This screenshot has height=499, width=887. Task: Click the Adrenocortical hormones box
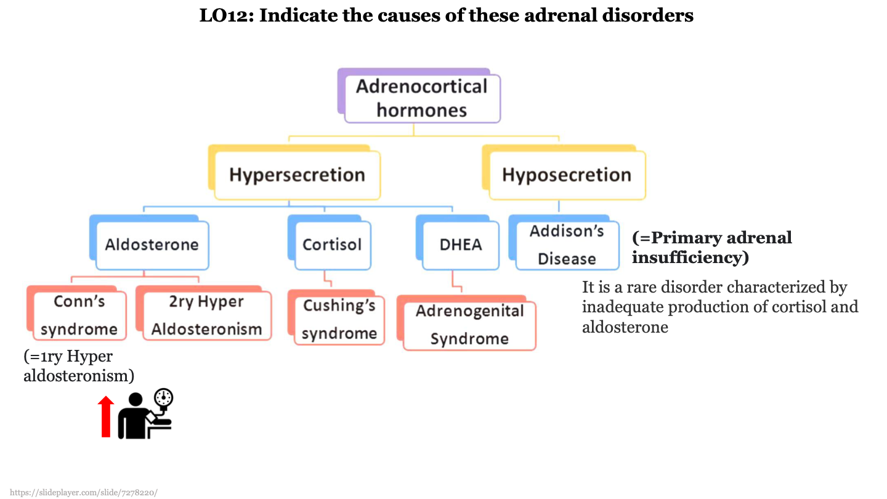[422, 98]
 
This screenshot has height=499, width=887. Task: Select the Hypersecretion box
[297, 175]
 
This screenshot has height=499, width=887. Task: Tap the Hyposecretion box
[567, 175]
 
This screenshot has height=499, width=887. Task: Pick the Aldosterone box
[152, 245]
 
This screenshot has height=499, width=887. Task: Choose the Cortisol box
[332, 245]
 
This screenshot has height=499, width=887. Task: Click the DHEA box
[461, 245]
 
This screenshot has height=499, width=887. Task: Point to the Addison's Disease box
[567, 245]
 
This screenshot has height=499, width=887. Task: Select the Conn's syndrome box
[79, 315]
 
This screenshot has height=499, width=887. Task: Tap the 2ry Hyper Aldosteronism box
[206, 315]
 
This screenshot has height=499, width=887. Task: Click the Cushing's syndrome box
[339, 320]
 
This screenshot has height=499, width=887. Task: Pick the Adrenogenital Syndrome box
[469, 325]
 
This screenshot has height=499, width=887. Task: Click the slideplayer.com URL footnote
[84, 492]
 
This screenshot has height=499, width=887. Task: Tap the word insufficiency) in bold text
[690, 258]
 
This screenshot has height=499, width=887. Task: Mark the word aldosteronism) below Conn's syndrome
[79, 375]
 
